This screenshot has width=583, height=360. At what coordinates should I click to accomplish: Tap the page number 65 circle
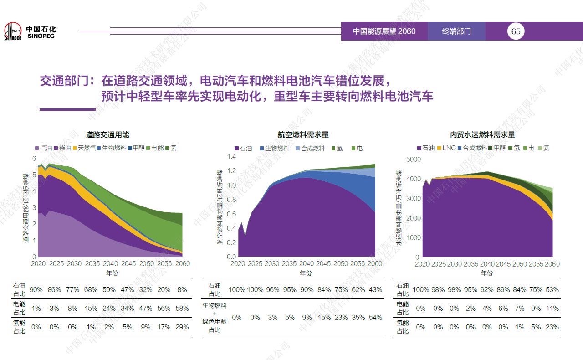[516, 31]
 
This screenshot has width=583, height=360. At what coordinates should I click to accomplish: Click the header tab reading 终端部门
[456, 31]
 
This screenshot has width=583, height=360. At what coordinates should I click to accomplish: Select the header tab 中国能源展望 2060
[384, 31]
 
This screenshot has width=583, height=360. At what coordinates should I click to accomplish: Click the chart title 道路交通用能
[107, 135]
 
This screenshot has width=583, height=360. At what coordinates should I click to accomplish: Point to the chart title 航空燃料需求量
[303, 135]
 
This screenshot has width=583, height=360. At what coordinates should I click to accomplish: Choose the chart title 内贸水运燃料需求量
[482, 135]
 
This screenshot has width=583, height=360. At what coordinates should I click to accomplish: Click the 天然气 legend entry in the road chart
[84, 148]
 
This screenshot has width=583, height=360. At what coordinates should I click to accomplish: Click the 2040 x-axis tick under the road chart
[110, 264]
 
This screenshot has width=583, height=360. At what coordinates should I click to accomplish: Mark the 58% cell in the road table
[182, 309]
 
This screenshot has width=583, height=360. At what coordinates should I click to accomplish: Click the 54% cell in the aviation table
[375, 318]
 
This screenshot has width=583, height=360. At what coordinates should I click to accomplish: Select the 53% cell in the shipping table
[552, 290]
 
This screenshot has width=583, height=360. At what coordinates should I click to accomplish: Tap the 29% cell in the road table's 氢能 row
[182, 327]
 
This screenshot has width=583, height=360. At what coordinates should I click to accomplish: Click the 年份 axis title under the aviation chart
[306, 273]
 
